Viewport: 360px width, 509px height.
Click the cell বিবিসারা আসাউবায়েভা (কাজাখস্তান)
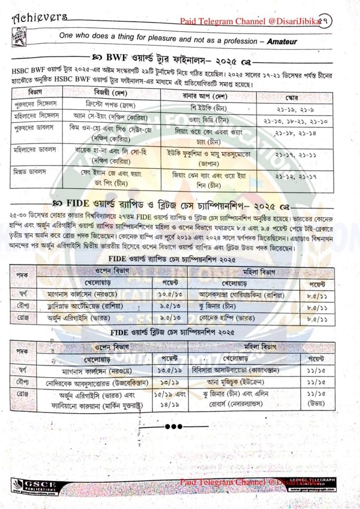point(235,370)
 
